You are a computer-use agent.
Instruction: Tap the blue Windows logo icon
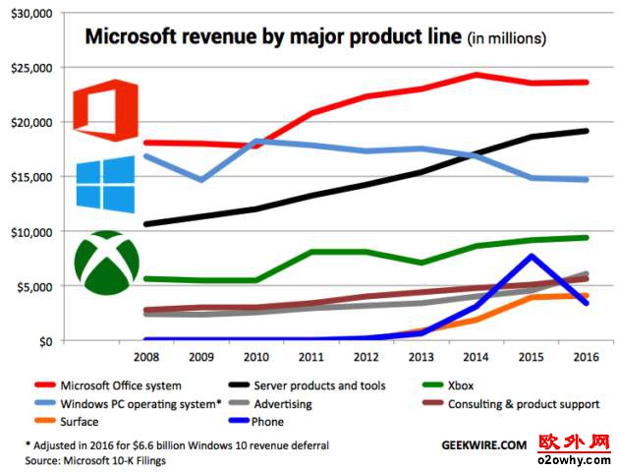coord(104,183)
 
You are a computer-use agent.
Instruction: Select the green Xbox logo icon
coord(106,262)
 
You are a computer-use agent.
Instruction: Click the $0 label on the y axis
coord(45,341)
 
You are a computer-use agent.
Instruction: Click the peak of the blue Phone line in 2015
coord(532,256)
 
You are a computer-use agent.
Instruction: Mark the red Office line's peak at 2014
coord(476,74)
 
